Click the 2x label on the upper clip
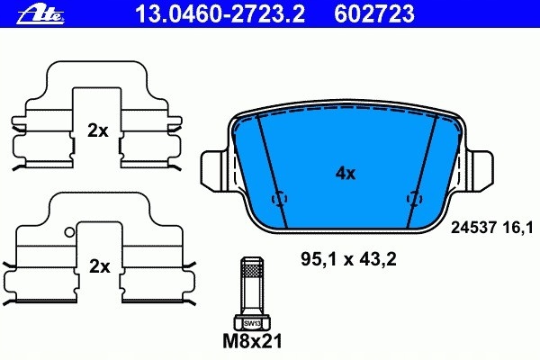(98, 130)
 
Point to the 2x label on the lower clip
(98, 266)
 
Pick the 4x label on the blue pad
(345, 174)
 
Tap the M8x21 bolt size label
(251, 343)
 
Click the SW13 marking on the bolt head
(251, 321)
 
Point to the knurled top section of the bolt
(251, 268)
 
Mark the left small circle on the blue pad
(279, 198)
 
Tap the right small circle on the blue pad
(414, 198)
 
